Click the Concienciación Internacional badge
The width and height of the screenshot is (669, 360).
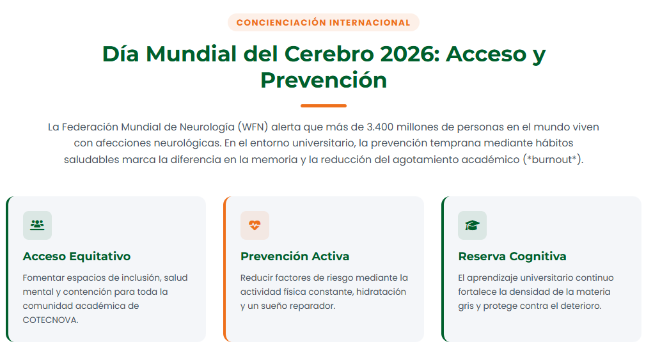(x=324, y=22)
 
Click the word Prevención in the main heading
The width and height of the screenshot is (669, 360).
(x=324, y=80)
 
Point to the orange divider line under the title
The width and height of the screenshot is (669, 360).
(x=324, y=106)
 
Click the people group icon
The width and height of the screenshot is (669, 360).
(x=37, y=225)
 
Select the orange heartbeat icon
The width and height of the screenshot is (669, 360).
(x=255, y=225)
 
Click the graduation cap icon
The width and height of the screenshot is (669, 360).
(x=472, y=225)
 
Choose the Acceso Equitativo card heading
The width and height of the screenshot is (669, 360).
(x=77, y=256)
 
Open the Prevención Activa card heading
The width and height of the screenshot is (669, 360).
(x=295, y=256)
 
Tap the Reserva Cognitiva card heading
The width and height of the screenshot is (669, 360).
(x=512, y=256)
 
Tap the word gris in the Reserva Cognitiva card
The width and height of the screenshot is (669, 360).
(x=466, y=306)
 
